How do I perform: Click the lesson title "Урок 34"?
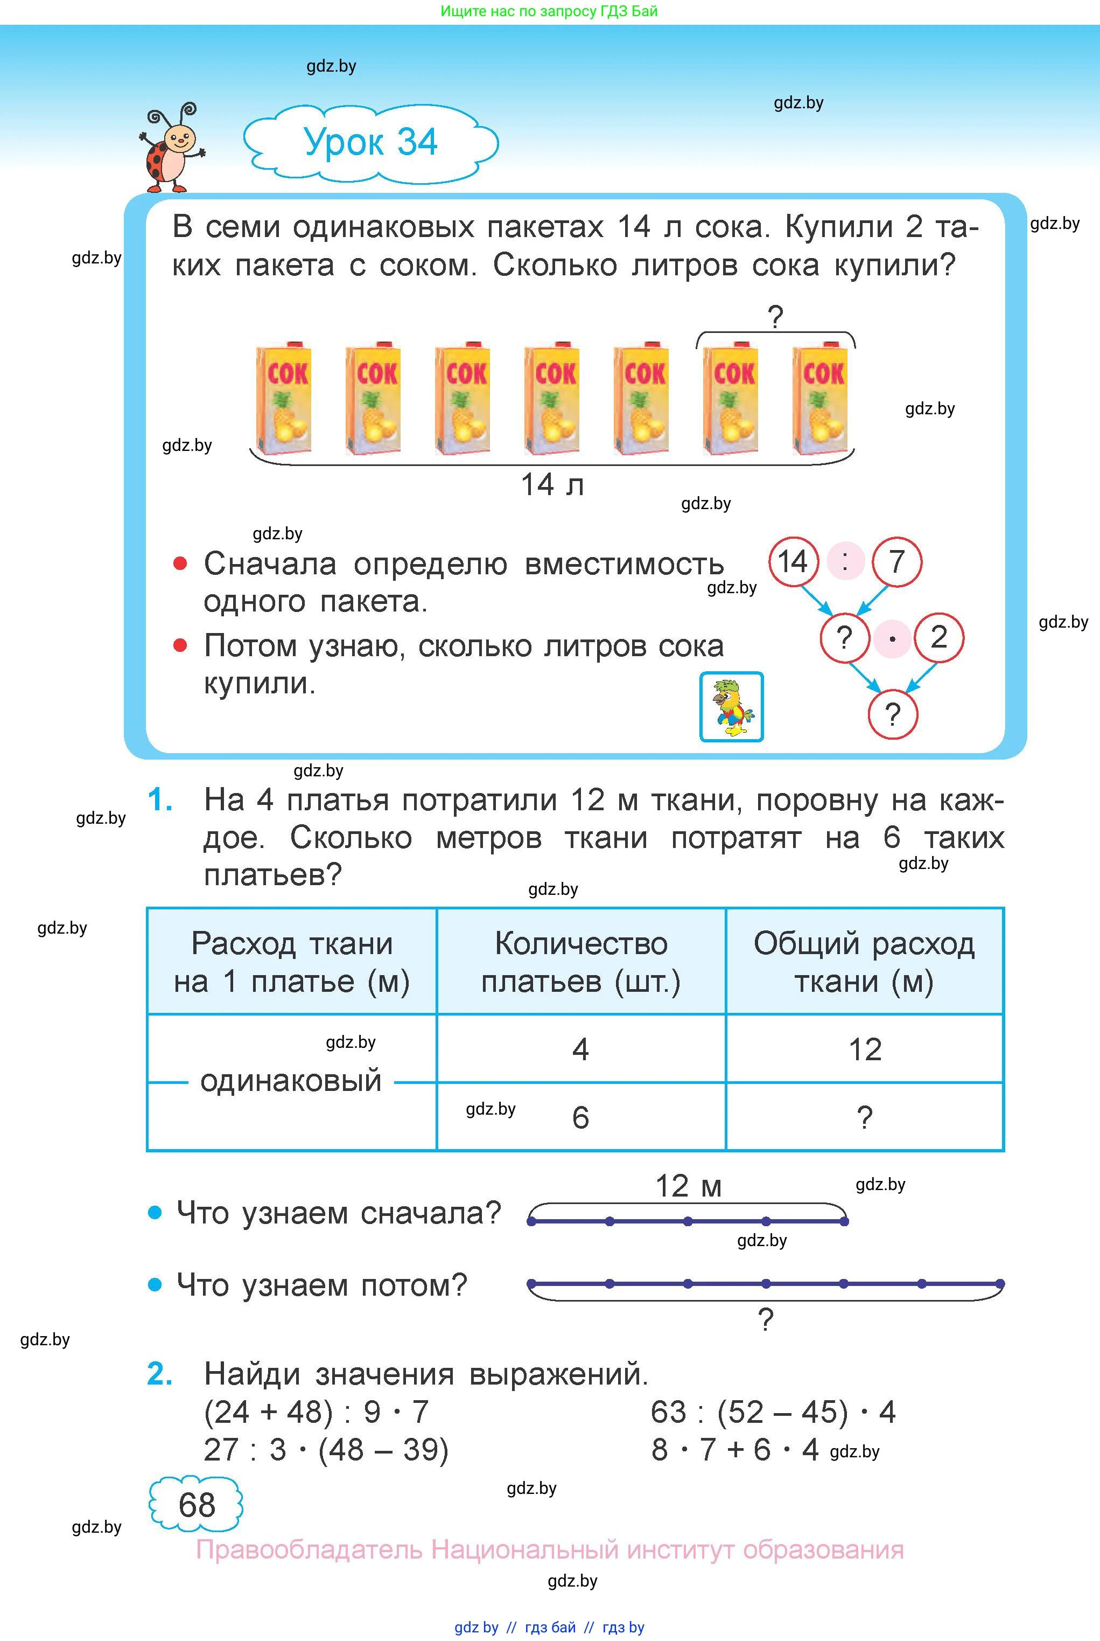tap(370, 142)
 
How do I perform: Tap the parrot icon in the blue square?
tap(731, 707)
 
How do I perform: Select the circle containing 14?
tap(794, 561)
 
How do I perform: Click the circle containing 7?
tap(896, 561)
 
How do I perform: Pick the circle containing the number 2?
tap(938, 637)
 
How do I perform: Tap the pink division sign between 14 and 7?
tap(845, 561)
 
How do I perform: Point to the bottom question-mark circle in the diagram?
tap(892, 714)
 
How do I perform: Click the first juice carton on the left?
tap(283, 399)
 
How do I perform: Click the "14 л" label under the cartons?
tap(552, 485)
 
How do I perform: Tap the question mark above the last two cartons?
tap(775, 318)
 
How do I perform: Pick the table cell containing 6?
tap(580, 1117)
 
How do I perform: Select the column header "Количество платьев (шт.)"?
tap(581, 962)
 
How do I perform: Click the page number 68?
tap(197, 1504)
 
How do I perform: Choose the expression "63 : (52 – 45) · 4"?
tap(773, 1412)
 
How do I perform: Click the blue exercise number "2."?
tap(160, 1374)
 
